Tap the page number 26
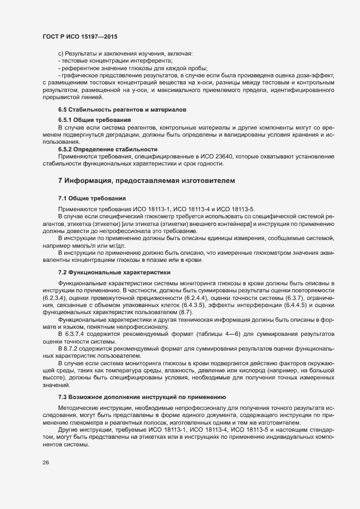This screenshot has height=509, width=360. (45, 462)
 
